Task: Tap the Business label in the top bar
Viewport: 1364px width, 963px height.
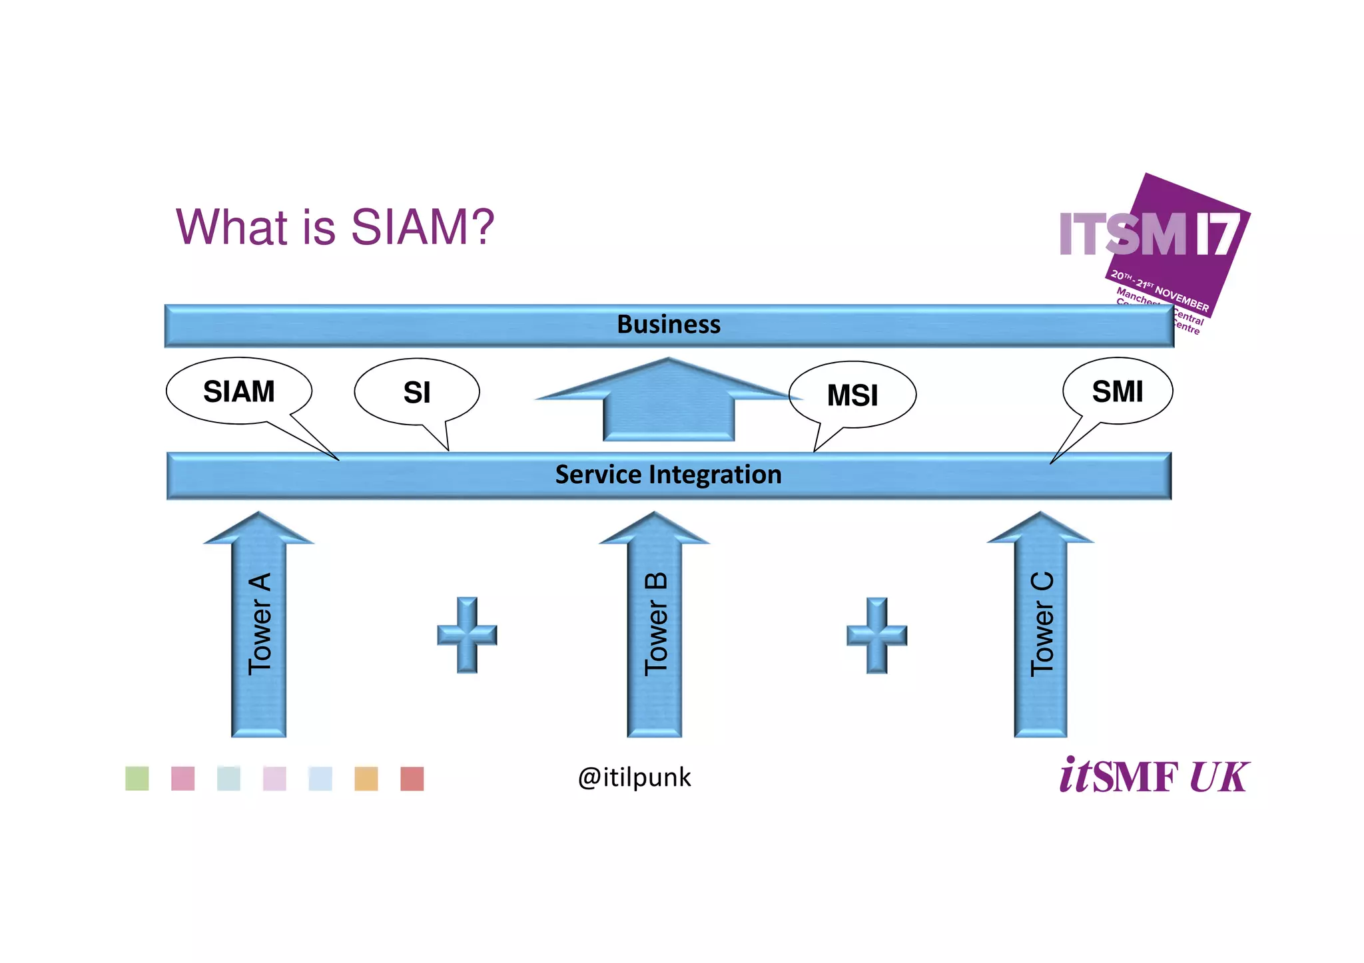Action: coord(669,325)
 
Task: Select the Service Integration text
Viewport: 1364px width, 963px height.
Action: coord(668,475)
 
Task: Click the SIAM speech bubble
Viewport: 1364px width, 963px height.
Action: coord(238,391)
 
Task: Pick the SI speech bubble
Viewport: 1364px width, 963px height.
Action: coord(417,393)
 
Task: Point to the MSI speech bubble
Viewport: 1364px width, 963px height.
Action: coord(852,395)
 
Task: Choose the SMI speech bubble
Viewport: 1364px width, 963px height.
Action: coord(1117,391)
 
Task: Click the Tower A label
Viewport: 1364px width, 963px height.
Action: coord(260,624)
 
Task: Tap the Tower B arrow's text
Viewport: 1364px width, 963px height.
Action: coord(655,624)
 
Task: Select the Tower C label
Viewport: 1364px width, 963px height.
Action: coord(1042,624)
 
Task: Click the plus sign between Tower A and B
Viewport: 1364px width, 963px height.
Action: coord(467,634)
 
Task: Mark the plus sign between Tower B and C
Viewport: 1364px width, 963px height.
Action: coord(876,634)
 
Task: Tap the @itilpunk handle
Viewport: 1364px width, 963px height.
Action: coord(634,777)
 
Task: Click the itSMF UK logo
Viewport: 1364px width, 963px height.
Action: coord(1154,776)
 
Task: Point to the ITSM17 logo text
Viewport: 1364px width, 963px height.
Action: coord(1149,234)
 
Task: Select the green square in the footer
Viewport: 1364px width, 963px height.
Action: coord(137,779)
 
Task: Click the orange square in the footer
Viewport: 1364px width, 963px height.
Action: coord(366,779)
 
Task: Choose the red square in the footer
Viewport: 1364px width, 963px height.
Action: coord(412,779)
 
